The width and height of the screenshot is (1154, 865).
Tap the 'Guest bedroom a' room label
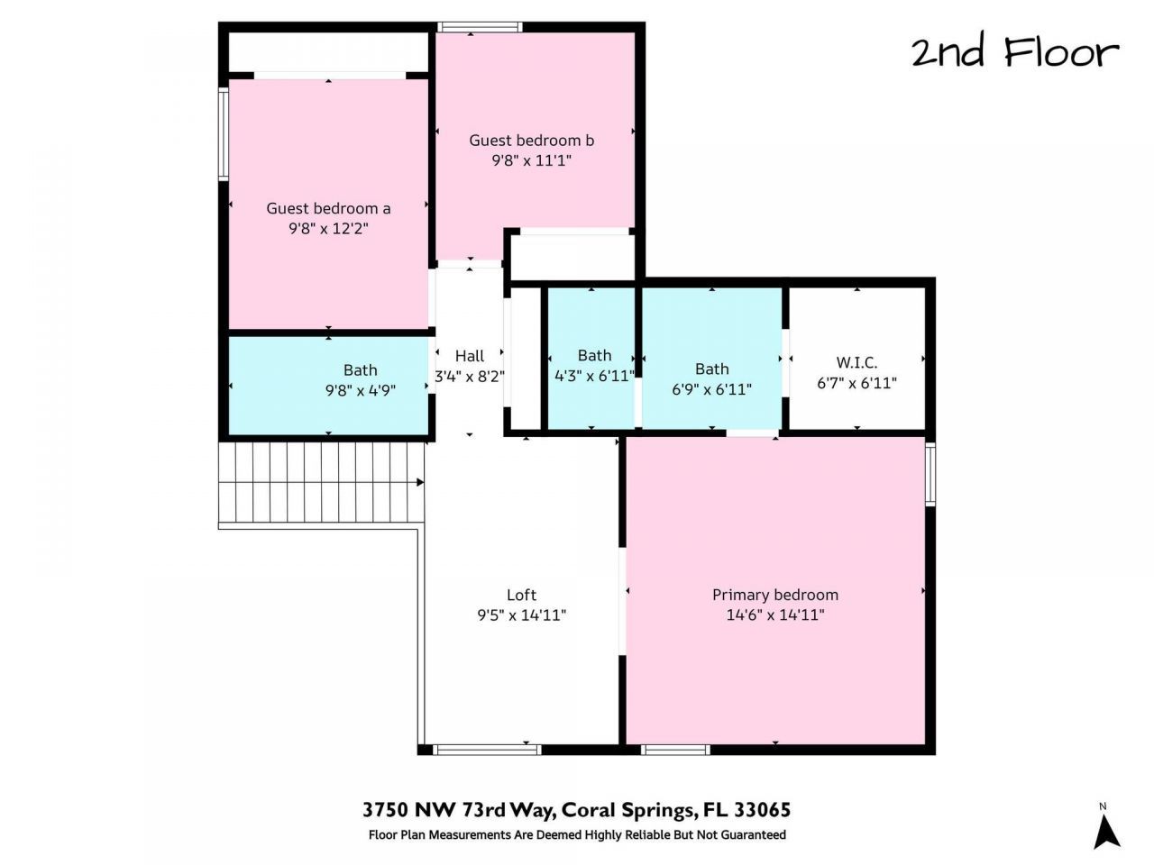pos(328,208)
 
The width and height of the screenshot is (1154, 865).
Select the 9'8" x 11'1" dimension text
pos(531,160)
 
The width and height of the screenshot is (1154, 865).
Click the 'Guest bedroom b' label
pos(531,141)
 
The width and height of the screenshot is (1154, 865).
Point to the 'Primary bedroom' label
pos(775,595)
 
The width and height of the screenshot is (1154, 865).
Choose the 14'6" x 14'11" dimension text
pos(775,615)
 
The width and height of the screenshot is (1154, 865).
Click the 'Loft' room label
pos(521,595)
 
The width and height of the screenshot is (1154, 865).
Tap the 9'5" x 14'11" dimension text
pos(521,615)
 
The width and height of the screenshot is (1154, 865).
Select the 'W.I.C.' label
pos(856,362)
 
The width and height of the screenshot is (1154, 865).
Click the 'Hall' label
pos(469,356)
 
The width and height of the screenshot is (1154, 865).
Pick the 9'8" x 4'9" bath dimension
pos(361,390)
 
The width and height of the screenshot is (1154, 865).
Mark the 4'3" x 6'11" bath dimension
pos(594,376)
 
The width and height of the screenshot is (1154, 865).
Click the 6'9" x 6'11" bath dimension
pos(711,389)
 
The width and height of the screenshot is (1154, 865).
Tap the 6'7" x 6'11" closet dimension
pos(856,383)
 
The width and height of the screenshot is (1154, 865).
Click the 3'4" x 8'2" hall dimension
pos(469,377)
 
